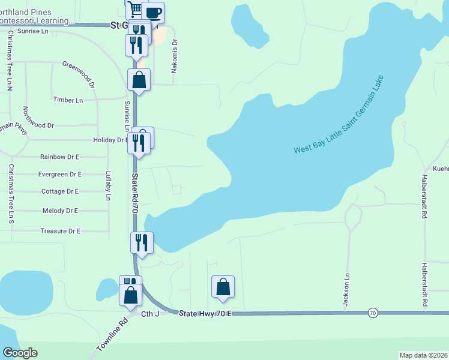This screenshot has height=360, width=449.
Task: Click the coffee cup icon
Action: coord(153,13)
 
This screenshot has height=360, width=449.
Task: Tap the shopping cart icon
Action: coord(135,9)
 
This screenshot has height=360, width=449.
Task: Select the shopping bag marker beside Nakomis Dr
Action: coord(139,80)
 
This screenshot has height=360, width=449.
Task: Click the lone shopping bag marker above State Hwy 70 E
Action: coord(223,287)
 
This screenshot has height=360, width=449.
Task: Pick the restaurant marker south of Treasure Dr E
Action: coord(142,243)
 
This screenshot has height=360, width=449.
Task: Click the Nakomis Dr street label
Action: coord(175,57)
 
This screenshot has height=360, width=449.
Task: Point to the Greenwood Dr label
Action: coord(79,73)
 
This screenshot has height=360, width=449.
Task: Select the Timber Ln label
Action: coord(68,100)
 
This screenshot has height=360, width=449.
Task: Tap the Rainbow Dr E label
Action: coord(59,157)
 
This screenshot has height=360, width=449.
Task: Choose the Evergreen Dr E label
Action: coord(59,174)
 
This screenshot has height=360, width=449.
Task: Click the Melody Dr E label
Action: coord(61,211)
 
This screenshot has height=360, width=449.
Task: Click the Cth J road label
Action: coord(149,314)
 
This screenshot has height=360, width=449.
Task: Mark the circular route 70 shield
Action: coord(373,313)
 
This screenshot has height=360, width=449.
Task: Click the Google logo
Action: coord(20,353)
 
